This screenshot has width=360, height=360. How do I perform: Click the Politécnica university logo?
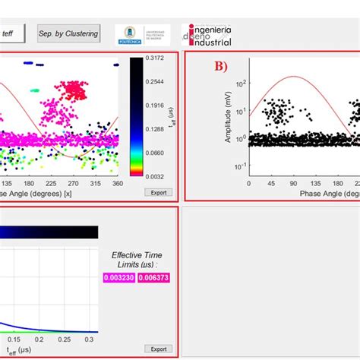pyautogui.click(x=137, y=34)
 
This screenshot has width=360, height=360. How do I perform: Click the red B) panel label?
pyautogui.click(x=220, y=65)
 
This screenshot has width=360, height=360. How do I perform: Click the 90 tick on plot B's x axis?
pyautogui.click(x=295, y=184)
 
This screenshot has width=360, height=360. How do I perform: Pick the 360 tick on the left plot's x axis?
pyautogui.click(x=116, y=184)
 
